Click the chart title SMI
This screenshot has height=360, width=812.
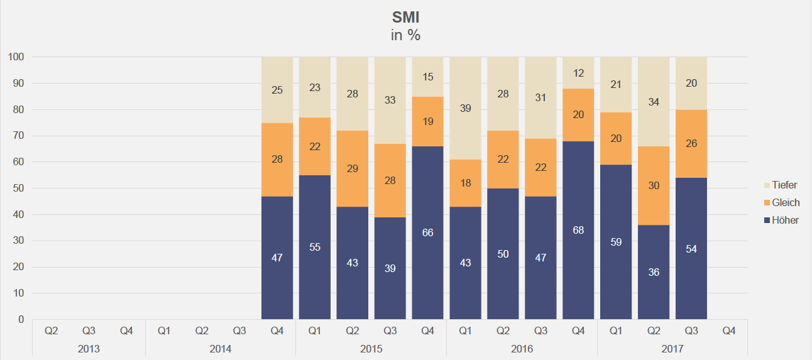pyautogui.click(x=405, y=17)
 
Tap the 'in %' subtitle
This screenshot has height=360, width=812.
pyautogui.click(x=405, y=35)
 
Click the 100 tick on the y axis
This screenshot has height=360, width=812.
pyautogui.click(x=16, y=57)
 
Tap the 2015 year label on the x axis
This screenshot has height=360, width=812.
pyautogui.click(x=371, y=348)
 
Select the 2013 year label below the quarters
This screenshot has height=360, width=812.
pyautogui.click(x=89, y=348)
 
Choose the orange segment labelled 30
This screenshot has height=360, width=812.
pyautogui.click(x=654, y=186)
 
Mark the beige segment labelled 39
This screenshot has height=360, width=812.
pyautogui.click(x=465, y=109)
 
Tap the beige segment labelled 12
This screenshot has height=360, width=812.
pyautogui.click(x=578, y=73)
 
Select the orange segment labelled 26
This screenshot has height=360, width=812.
pyautogui.click(x=691, y=144)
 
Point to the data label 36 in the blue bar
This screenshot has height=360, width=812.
pyautogui.click(x=654, y=273)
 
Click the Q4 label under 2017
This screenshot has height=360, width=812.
pyautogui.click(x=729, y=330)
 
